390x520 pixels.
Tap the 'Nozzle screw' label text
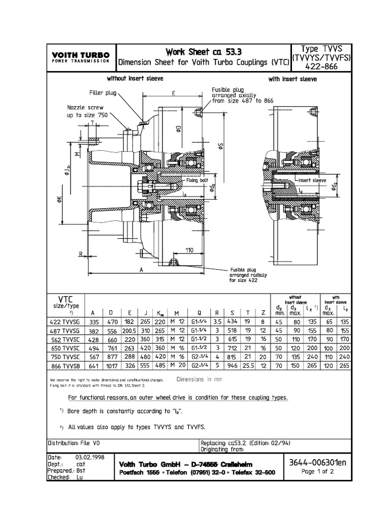click(x=85, y=107)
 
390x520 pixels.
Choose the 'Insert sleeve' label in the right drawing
click(x=311, y=180)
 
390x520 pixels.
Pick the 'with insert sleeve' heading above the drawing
click(x=292, y=79)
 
